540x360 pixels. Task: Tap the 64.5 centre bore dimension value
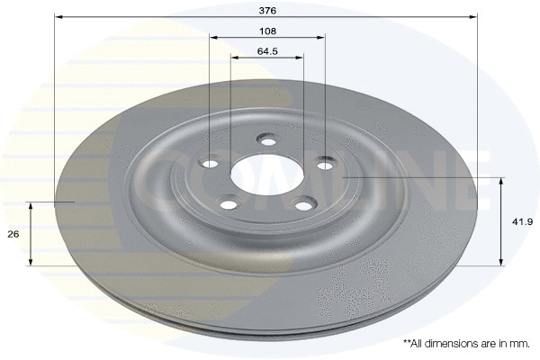pyautogui.click(x=267, y=50)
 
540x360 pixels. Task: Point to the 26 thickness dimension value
pyautogui.click(x=13, y=234)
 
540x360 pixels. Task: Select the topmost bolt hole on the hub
pyautogui.click(x=267, y=139)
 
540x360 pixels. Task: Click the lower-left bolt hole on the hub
pyautogui.click(x=227, y=204)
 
